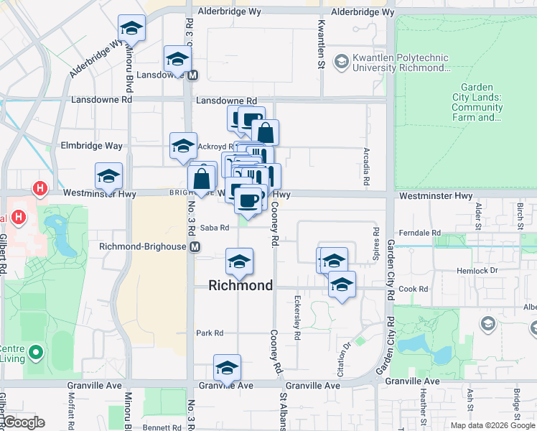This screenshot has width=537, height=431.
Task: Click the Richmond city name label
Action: point(241,285)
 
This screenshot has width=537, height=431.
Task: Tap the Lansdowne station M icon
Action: point(193,75)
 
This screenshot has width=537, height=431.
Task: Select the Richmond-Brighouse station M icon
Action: point(195,246)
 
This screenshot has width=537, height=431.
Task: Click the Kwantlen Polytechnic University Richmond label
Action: point(399,62)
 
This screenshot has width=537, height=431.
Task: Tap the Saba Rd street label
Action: point(214,228)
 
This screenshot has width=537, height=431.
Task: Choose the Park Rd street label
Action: point(210,333)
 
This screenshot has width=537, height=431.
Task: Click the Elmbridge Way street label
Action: point(93,146)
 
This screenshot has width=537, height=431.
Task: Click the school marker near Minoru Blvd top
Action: point(131,29)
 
